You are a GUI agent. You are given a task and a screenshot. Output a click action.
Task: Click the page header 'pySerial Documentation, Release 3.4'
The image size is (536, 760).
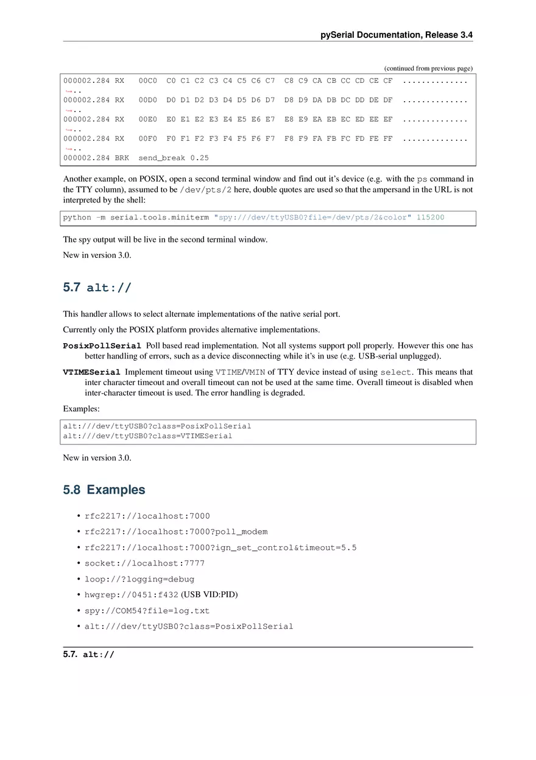point(397,35)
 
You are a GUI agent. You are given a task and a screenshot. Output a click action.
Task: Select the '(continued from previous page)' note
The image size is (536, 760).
point(428,68)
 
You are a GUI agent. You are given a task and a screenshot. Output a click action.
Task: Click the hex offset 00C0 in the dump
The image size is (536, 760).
point(147,80)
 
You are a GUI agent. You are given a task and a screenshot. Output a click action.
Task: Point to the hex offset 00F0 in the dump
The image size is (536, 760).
point(147,138)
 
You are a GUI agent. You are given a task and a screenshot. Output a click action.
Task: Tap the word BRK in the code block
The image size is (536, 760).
point(122,158)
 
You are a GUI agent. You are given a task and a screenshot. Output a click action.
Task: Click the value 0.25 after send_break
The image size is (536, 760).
point(199,158)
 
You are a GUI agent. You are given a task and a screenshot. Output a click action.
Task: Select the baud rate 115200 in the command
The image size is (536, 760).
point(430,218)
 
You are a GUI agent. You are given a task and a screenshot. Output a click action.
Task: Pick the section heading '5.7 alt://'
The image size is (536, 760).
point(97,288)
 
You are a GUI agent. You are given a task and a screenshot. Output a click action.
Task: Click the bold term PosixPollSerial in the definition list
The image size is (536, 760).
point(102,346)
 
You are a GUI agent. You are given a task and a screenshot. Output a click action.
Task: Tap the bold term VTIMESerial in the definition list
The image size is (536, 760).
point(91,372)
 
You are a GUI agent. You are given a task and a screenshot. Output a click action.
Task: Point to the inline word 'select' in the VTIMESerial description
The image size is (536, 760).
point(396,372)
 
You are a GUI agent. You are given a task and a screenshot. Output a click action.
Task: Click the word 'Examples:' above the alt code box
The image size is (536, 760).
point(81,409)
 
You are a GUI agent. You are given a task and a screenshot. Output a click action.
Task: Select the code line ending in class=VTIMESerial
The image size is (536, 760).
point(147,436)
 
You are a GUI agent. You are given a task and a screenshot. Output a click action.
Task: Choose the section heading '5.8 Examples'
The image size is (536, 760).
point(104,490)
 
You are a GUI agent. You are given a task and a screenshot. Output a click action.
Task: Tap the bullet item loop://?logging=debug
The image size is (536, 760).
point(139,579)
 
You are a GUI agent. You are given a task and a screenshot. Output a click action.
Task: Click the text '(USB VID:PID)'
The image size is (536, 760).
point(209,595)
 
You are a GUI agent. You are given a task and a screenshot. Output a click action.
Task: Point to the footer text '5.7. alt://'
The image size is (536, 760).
point(88,655)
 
